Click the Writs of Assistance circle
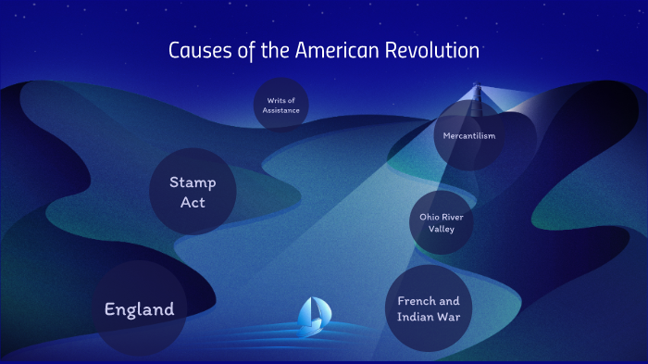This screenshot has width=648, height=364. pos(280,104)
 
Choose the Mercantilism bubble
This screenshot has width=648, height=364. pos(470,135)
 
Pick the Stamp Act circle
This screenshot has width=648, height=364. pos(193,192)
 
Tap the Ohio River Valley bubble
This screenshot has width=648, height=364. pos(442,222)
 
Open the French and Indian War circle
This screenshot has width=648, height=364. pos(429,309)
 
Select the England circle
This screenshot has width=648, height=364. pos(139,309)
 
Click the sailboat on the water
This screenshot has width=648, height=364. pos(311,318)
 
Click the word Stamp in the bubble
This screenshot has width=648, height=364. pos(193,182)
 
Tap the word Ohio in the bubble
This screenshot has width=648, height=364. pos(430,217)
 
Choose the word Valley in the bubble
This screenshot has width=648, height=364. pos(442,229)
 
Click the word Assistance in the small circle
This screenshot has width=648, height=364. pos(280,109)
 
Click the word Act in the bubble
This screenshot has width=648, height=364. pos(193,202)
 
